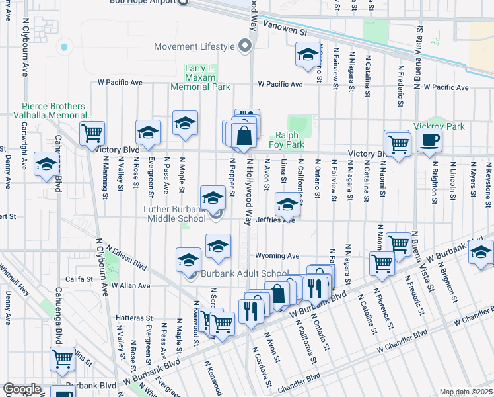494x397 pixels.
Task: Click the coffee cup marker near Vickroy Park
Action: pyautogui.click(x=429, y=140)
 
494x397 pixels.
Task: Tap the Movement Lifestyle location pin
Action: pyautogui.click(x=245, y=46)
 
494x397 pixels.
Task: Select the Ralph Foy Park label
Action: pyautogui.click(x=286, y=139)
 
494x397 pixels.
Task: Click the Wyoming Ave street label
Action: pyautogui.click(x=277, y=256)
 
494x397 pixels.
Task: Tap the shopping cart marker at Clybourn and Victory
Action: pyautogui.click(x=92, y=133)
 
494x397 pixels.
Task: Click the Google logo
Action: pyautogui.click(x=22, y=389)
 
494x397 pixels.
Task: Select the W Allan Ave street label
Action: pyautogui.click(x=131, y=285)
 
